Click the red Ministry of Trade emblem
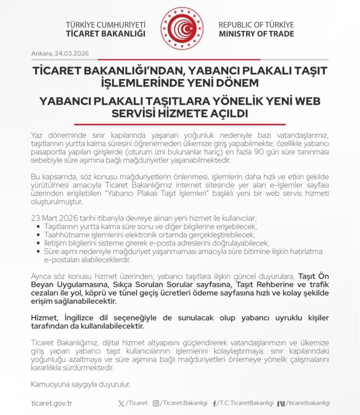coord(182,28)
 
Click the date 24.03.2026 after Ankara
coord(72,54)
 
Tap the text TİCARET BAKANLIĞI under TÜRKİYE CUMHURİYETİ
coord(106,34)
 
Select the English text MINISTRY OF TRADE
coord(256,34)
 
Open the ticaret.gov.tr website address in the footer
coord(52,403)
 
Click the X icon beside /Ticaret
coord(121,403)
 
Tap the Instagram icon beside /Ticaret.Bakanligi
coord(156,403)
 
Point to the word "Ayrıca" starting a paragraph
coord(42,276)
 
